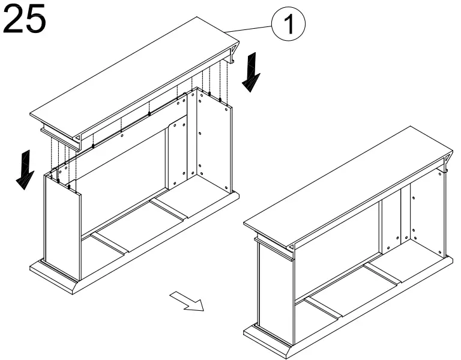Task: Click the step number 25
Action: point(25,19)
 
